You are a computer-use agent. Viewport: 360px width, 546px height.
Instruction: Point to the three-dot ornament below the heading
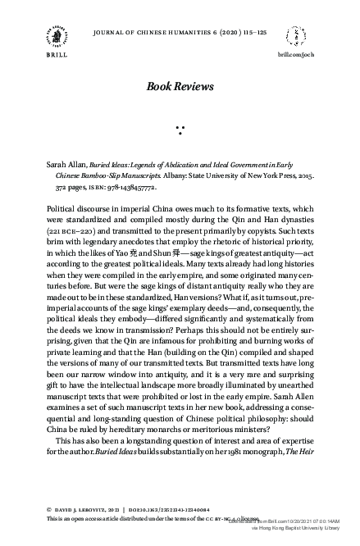(x=180, y=130)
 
